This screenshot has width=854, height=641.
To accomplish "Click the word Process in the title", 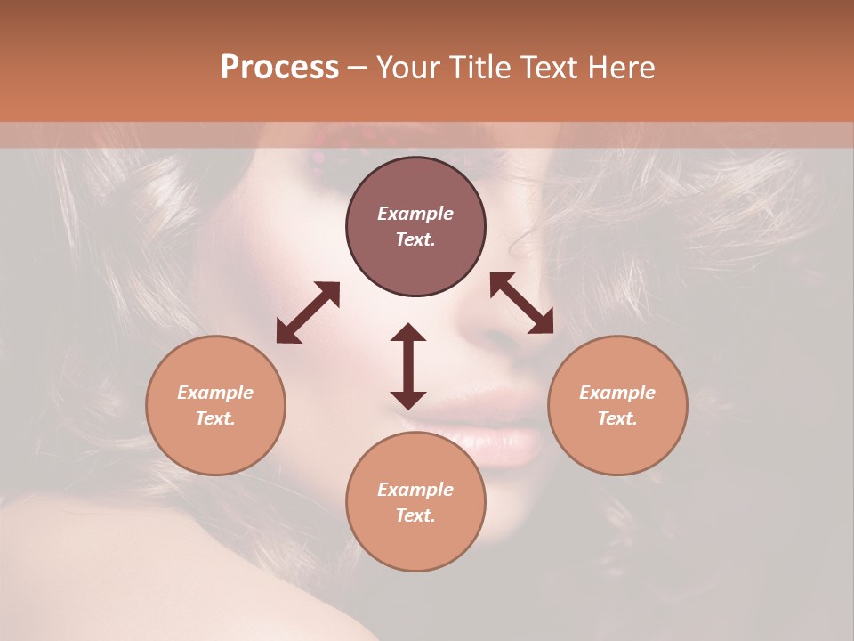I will point(279,68).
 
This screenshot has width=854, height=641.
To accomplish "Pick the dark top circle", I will point(415,226).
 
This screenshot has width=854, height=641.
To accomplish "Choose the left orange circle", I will point(215,405).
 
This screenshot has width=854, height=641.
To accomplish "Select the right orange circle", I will point(617,405).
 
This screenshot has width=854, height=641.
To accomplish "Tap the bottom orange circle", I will point(415,502).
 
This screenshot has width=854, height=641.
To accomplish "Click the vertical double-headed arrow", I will point(408,366).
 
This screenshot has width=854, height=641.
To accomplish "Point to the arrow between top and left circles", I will point(308,312).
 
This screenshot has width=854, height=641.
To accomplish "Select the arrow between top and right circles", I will point(521,303).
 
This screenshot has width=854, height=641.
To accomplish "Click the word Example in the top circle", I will point(415,214).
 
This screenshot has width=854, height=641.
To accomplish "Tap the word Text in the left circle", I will point(215,418).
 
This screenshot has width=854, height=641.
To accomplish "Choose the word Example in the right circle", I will point(617,393).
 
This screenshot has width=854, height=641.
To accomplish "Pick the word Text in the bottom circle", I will point(415,515).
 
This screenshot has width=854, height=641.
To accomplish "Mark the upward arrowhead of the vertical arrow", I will point(408,332).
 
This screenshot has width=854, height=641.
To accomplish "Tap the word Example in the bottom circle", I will point(415,490).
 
